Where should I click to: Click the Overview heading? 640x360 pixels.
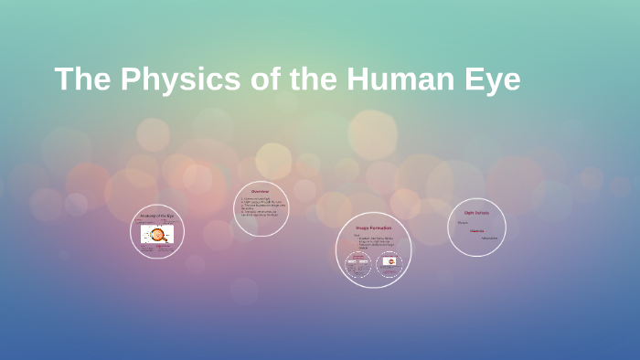261,191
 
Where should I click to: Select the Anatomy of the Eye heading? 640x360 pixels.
157,216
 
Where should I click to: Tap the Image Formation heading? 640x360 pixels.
373,227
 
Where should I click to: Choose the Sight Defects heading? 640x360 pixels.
476,212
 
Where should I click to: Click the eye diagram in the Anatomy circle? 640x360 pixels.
157,235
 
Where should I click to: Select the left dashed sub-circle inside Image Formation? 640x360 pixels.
358,265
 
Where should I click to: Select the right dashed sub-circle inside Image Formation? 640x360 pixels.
389,265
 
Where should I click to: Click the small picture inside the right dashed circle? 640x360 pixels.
389,263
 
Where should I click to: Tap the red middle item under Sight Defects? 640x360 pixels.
476,230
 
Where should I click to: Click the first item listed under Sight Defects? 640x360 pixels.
463,222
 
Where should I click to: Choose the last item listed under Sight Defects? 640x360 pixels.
490,238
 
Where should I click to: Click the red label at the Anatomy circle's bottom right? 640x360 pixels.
170,249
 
